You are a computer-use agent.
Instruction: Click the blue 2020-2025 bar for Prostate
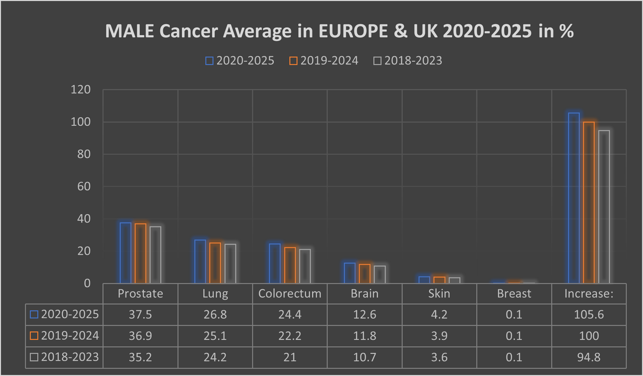pos(126,253)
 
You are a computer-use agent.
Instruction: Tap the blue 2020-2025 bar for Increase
pos(574,198)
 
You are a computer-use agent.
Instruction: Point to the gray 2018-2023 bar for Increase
pos(604,207)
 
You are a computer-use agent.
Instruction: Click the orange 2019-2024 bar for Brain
pos(364,274)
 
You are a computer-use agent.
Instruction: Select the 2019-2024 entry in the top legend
pos(324,61)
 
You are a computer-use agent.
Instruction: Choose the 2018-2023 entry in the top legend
pos(408,61)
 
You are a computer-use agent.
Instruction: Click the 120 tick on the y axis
pos(81,90)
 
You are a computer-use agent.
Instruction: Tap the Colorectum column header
pos(290,294)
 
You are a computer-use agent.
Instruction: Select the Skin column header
pos(439,294)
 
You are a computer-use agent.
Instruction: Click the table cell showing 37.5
pos(140,315)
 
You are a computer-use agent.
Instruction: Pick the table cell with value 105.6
pos(589,315)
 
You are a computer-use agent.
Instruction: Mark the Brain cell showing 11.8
pos(364,336)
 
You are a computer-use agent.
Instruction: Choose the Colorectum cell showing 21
pos(290,357)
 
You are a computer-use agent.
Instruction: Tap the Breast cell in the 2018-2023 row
pos(514,357)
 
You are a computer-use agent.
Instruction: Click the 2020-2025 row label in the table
pos(65,315)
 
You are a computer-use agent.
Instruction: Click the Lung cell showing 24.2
pos(215,357)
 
